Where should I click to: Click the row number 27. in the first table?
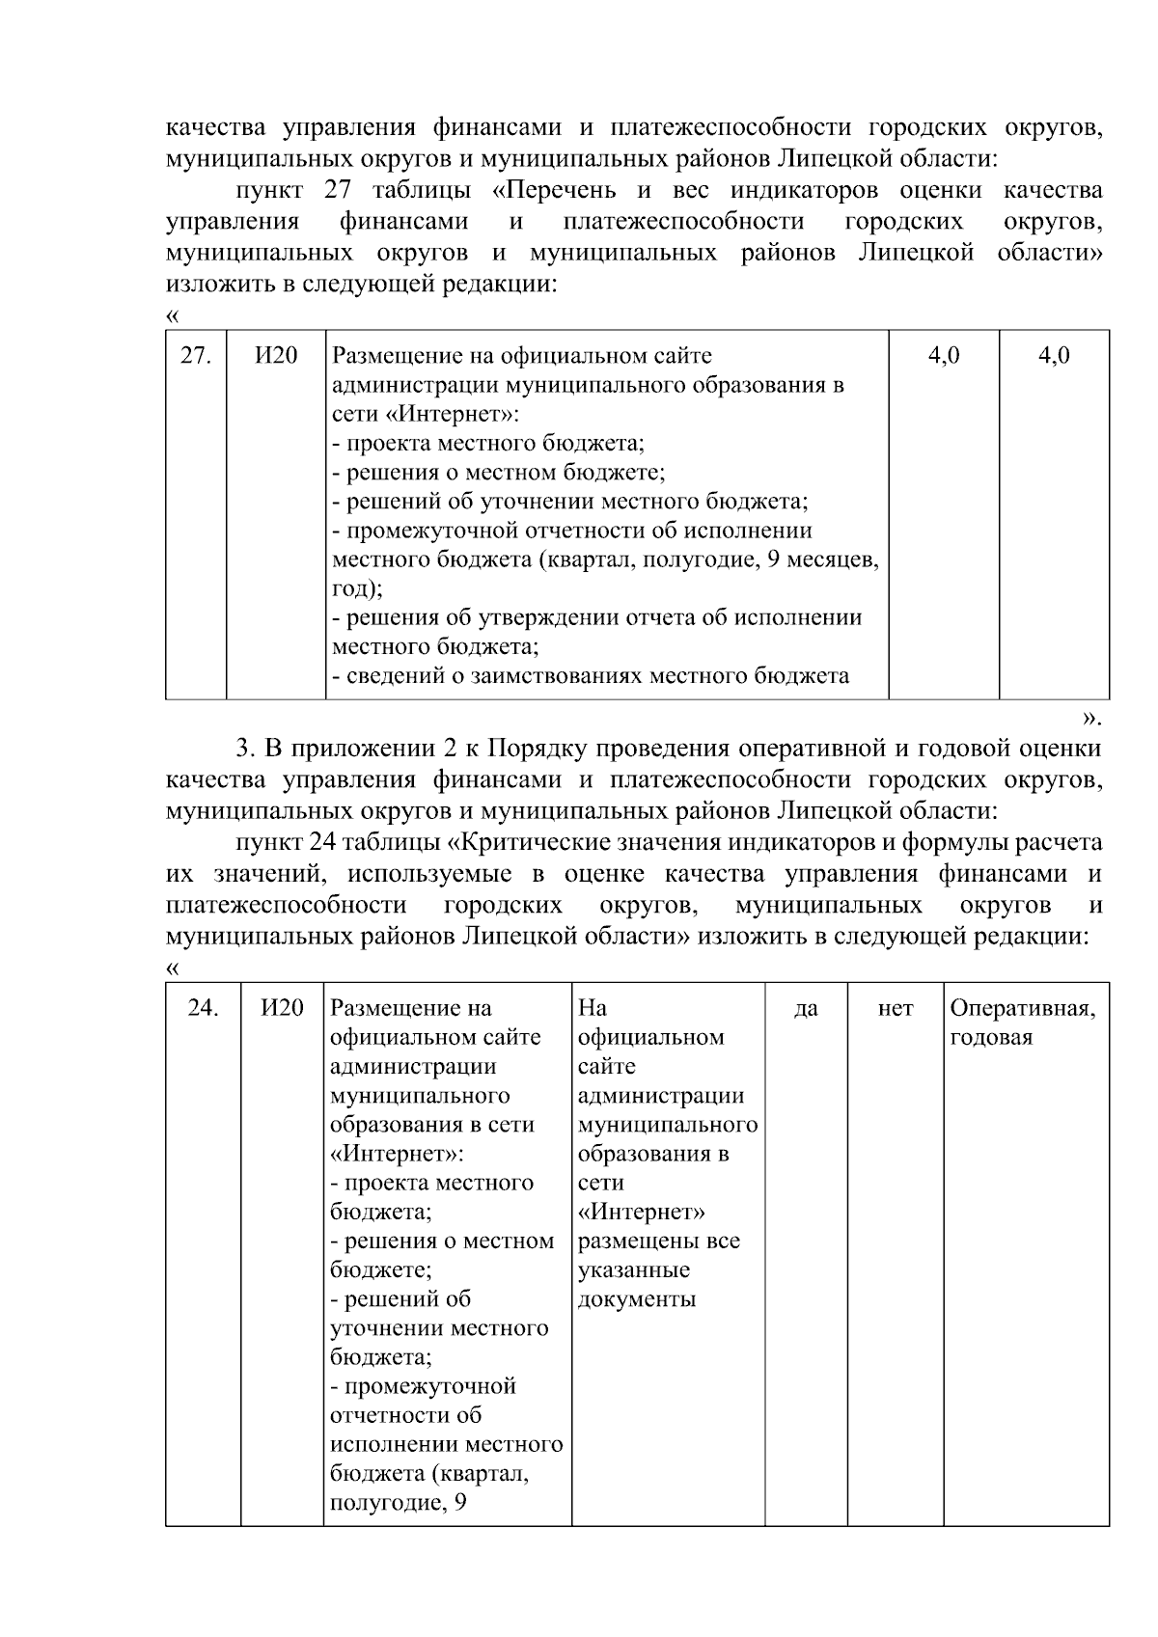tap(196, 355)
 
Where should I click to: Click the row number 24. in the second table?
tap(203, 1008)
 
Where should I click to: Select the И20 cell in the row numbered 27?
tap(276, 355)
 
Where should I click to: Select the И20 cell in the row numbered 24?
tap(282, 1008)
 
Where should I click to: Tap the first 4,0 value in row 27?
tap(943, 355)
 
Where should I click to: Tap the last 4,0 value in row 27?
tap(1054, 355)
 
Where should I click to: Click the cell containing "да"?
tap(806, 1009)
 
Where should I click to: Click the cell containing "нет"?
tap(896, 1009)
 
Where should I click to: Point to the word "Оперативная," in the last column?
tap(1022, 1009)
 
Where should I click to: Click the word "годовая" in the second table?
tap(991, 1038)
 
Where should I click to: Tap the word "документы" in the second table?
tap(636, 1299)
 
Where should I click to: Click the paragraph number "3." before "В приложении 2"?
tap(245, 748)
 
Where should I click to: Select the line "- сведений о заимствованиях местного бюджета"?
tap(590, 675)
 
